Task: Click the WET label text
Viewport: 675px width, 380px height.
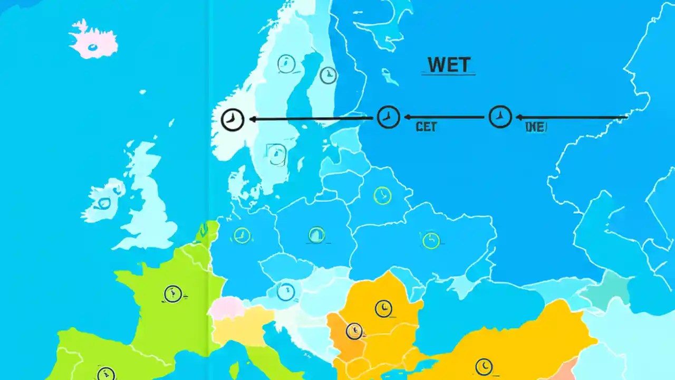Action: tap(449, 65)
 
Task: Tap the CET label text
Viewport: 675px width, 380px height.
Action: tap(426, 127)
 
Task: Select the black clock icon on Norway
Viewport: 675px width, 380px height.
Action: tap(232, 120)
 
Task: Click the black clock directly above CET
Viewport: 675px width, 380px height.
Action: tap(389, 117)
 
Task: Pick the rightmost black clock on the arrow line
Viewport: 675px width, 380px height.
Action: tap(500, 117)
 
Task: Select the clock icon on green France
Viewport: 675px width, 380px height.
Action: tap(172, 294)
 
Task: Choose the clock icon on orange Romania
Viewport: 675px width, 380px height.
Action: tap(383, 308)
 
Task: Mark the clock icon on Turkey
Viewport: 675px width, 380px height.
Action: tap(484, 366)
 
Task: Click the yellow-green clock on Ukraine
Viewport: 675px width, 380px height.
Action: tap(431, 240)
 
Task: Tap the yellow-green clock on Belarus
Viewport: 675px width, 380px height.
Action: tap(382, 195)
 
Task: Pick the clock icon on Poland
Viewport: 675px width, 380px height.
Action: tap(316, 234)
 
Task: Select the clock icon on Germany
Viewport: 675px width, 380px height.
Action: tap(242, 235)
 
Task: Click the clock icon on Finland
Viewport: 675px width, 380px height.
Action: tap(328, 75)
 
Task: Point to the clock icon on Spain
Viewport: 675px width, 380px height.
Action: tap(106, 373)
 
